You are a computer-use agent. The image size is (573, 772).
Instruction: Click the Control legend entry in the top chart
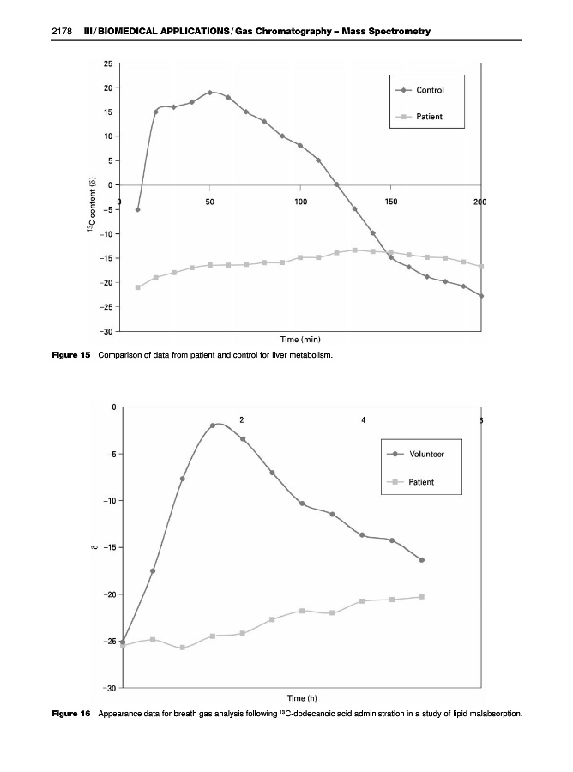(430, 90)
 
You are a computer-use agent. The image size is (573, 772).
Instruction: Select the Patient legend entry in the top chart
(429, 117)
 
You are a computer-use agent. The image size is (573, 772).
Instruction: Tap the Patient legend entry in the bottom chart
(420, 481)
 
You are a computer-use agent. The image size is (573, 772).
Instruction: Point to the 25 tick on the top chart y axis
(107, 64)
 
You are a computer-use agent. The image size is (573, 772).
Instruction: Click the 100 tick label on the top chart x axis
(300, 200)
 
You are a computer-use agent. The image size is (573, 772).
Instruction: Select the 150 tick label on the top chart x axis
(390, 200)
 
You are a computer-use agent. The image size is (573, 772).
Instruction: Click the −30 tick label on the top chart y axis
(105, 331)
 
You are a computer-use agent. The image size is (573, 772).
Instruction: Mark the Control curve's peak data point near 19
(210, 93)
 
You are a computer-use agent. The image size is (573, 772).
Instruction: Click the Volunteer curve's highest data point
(213, 425)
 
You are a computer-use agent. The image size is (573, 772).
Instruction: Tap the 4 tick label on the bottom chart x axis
(365, 419)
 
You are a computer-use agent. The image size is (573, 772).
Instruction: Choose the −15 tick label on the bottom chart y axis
(108, 547)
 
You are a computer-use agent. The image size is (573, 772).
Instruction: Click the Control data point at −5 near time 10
(138, 209)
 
